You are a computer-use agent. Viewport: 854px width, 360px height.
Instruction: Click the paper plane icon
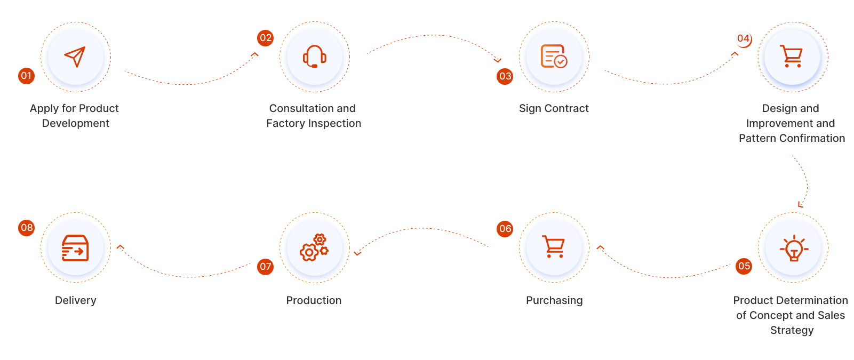point(75,57)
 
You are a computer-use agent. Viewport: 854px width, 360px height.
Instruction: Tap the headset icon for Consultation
point(315,57)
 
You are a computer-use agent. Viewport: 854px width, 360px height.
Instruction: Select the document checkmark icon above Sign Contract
point(554,57)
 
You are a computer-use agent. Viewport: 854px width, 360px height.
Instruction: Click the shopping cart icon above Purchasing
point(554,247)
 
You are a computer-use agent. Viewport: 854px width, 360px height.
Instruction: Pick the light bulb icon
point(793,248)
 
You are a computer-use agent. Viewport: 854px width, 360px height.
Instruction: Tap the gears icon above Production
point(315,247)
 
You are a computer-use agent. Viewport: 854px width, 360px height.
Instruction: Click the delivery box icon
point(75,248)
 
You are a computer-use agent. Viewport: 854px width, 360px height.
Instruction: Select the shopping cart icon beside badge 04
point(792,56)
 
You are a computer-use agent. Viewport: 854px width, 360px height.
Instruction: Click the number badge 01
point(26,76)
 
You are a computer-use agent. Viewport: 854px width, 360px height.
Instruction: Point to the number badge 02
point(265,38)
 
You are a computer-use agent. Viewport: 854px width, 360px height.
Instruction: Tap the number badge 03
point(505,76)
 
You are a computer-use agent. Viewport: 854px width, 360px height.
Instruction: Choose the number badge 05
point(744,266)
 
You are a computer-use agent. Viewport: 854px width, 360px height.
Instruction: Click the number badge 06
point(505,229)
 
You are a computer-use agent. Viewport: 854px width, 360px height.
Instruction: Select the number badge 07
point(265,267)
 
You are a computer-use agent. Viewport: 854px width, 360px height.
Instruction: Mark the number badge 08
point(26,228)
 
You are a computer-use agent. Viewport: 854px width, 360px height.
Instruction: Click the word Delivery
point(75,300)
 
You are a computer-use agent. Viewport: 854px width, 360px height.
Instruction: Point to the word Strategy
point(792,330)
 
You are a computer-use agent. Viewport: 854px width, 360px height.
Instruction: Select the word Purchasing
point(554,300)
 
